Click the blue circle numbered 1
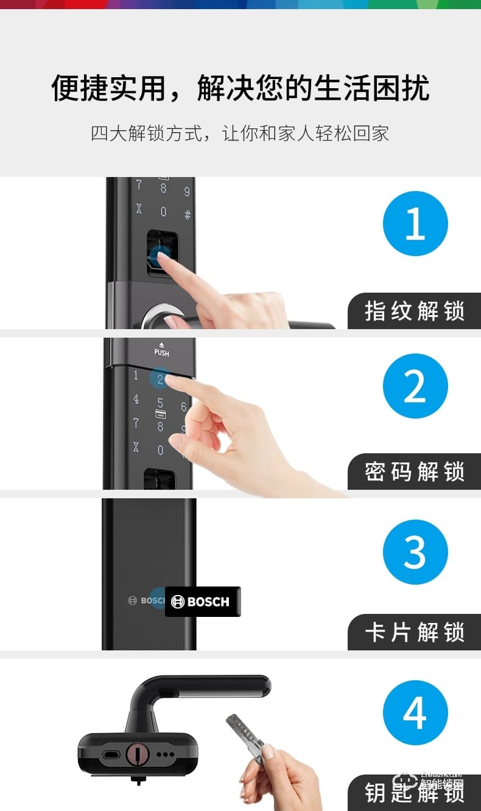pos(415,223)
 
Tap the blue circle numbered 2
pos(415,386)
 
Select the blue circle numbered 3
pos(415,552)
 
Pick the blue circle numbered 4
pos(415,712)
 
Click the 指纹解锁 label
pos(415,311)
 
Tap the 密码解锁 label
pos(415,472)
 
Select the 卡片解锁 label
pos(415,632)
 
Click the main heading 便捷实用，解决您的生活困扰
pos(240,88)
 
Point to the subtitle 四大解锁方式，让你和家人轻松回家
pos(240,133)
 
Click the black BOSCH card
pos(203,602)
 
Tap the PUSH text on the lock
pos(161,352)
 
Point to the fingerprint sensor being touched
pos(161,249)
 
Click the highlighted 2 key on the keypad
pos(160,379)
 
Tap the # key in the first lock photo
pos(188,214)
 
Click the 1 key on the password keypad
pos(136,375)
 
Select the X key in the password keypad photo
pos(136,447)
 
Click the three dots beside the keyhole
pos(165,754)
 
